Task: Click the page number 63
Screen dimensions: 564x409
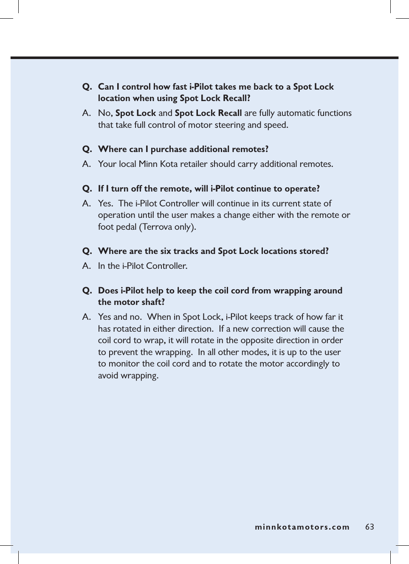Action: [x=370, y=527]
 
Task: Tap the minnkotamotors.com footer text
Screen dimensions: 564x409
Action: [x=302, y=527]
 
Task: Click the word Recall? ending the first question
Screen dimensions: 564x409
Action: [x=237, y=98]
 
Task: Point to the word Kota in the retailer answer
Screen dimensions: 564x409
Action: [x=169, y=164]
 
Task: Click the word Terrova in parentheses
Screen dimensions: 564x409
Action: [x=157, y=227]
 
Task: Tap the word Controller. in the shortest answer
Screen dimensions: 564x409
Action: [x=166, y=266]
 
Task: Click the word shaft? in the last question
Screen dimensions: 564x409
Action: [x=152, y=302]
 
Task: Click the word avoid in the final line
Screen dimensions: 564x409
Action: [x=108, y=375]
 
